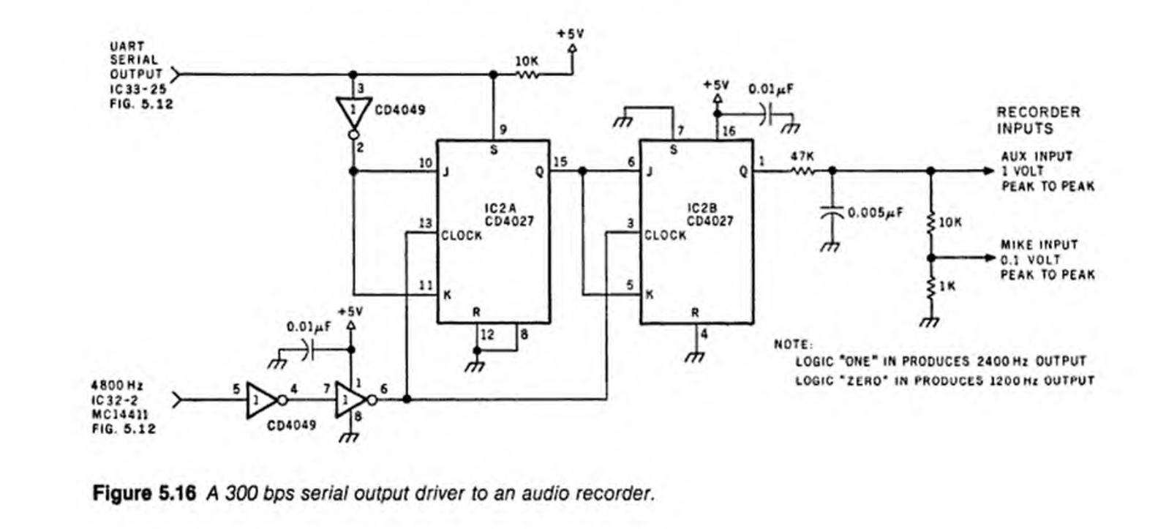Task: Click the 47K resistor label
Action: [802, 157]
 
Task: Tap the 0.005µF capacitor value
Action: [875, 213]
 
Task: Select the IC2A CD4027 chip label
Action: [509, 214]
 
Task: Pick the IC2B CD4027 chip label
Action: [709, 214]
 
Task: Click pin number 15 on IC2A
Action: [560, 161]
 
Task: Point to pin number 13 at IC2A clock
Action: [426, 223]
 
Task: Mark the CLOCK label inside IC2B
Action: [665, 236]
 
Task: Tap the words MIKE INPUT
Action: [1039, 244]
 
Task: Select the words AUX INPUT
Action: [1037, 157]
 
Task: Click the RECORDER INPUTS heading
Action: [1037, 120]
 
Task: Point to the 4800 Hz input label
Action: [117, 386]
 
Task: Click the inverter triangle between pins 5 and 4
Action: [260, 399]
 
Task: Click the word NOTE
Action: [792, 345]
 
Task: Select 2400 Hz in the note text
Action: [1004, 361]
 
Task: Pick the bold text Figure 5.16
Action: [144, 493]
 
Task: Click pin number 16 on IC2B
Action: [729, 132]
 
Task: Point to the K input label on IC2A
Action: [447, 296]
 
